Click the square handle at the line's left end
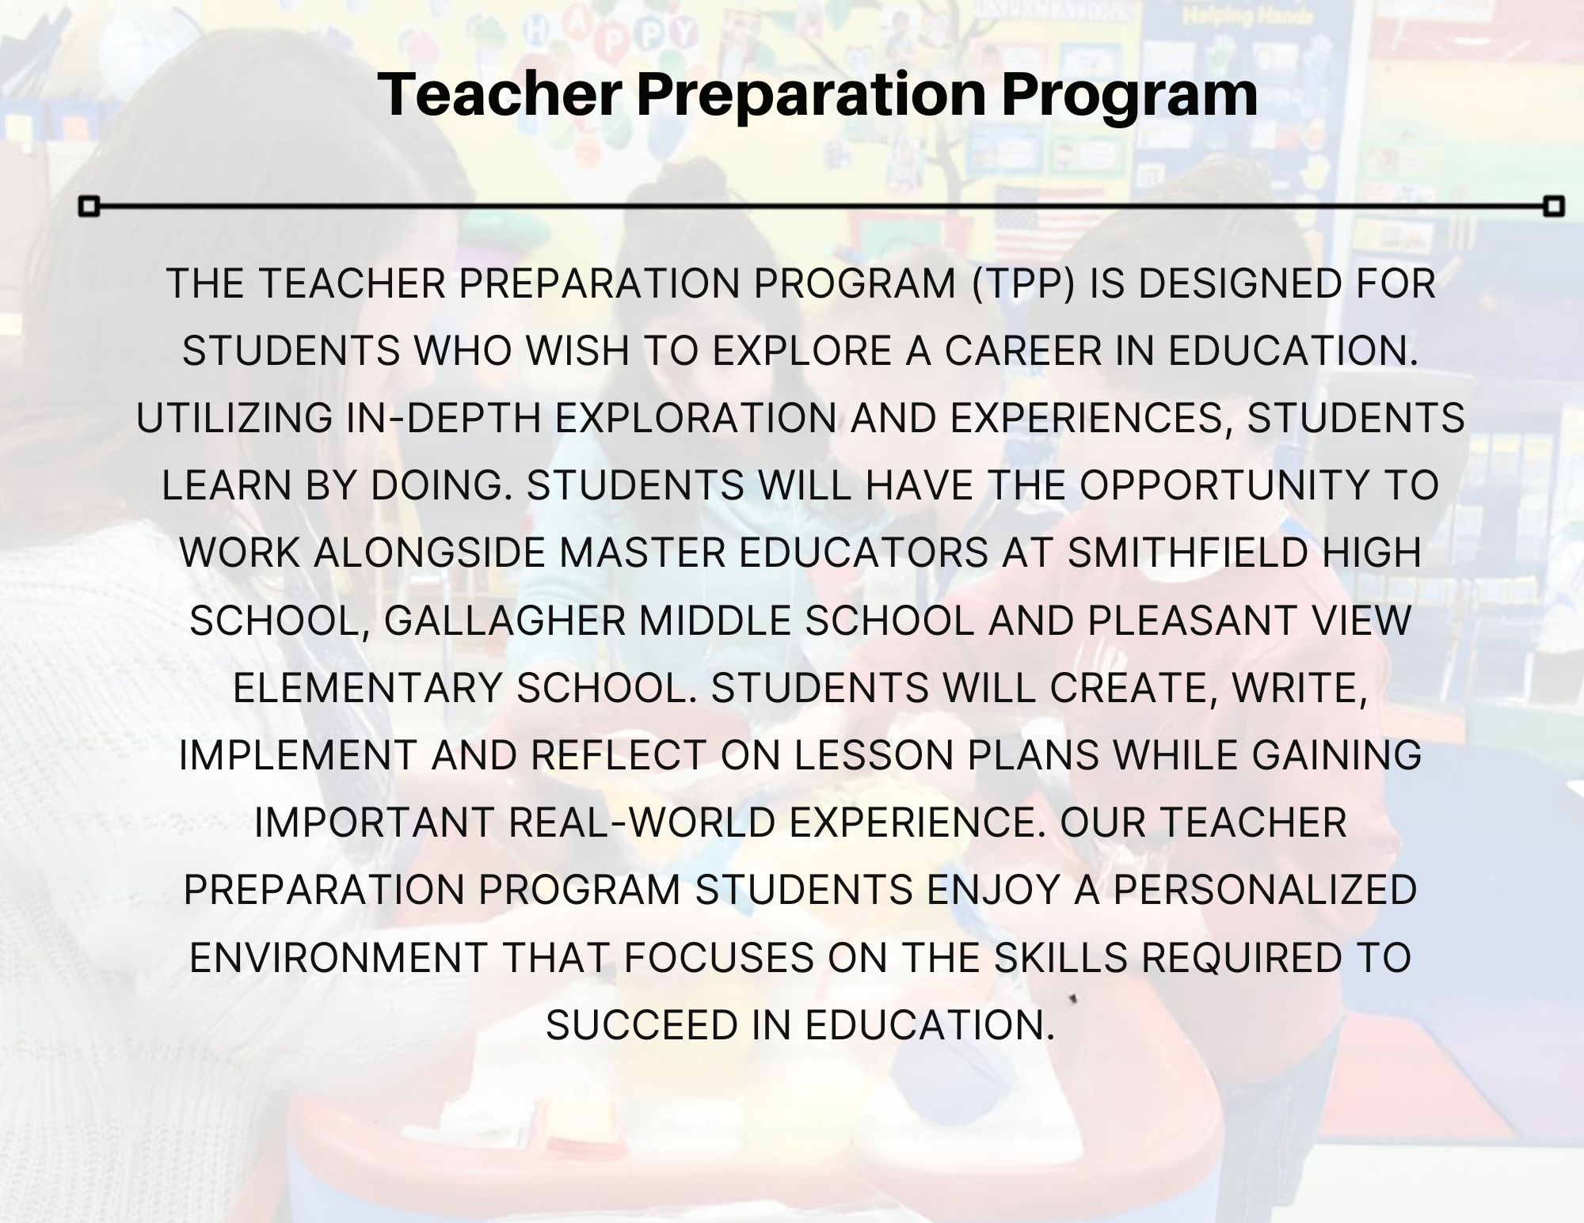(89, 207)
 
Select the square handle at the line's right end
(1555, 207)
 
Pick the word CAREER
(1023, 351)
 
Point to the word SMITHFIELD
(1187, 553)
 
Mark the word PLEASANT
(1190, 621)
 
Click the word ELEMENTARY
(367, 688)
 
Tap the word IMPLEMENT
(298, 755)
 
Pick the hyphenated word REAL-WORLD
(642, 822)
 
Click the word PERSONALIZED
(1265, 890)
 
